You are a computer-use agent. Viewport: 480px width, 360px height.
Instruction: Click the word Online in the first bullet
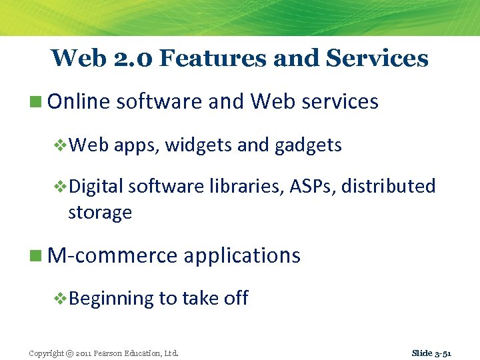click(x=79, y=102)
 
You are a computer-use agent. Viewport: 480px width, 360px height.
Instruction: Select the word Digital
click(x=96, y=187)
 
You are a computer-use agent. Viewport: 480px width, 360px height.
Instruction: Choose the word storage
click(x=100, y=213)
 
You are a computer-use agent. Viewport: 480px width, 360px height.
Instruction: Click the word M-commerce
click(x=113, y=255)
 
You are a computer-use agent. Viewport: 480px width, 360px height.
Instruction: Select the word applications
click(x=242, y=256)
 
